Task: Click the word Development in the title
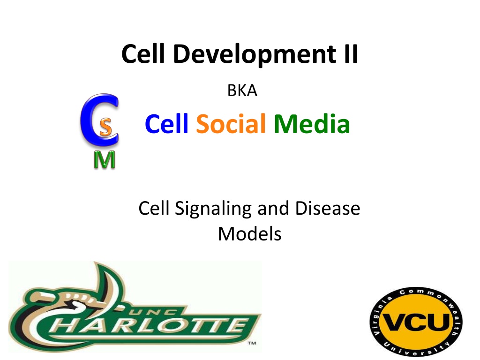[255, 54]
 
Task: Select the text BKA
[242, 90]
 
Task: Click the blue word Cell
[166, 124]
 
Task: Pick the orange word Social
[231, 124]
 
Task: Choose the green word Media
[312, 124]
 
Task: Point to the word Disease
[328, 209]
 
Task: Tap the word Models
[249, 234]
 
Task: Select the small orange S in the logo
[105, 127]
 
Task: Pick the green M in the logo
[105, 160]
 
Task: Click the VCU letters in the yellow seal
[416, 322]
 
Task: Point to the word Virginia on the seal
[381, 315]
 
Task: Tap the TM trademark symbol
[252, 343]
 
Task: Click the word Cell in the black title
[143, 54]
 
